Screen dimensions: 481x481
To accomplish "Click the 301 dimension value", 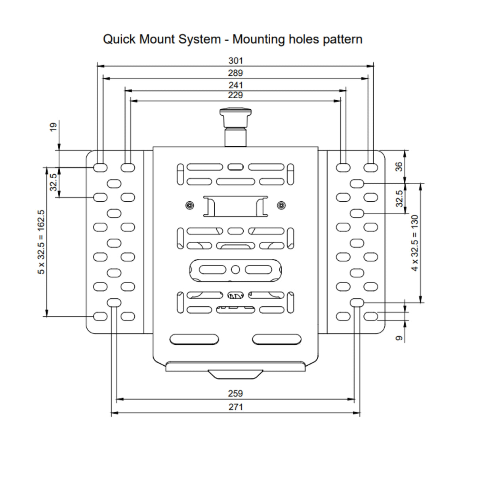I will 235,61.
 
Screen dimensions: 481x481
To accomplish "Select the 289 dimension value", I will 235,73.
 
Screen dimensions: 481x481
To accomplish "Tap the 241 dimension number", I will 235,85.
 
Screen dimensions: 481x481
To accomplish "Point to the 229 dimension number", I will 235,95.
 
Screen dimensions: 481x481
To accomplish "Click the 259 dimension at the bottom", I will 235,393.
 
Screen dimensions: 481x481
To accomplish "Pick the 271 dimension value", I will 235,407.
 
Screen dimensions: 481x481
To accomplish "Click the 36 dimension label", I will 399,166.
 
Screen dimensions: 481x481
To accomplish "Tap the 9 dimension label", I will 399,338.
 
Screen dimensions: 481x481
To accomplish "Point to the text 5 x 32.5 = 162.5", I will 41,242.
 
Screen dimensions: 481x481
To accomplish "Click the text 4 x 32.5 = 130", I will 414,243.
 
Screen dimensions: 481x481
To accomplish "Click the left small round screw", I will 190,205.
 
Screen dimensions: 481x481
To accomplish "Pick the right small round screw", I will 281,205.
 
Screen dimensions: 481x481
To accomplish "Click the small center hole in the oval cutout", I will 235,270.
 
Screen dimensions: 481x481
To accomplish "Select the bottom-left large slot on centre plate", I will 194,339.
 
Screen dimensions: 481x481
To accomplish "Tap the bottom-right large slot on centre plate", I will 277,339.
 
